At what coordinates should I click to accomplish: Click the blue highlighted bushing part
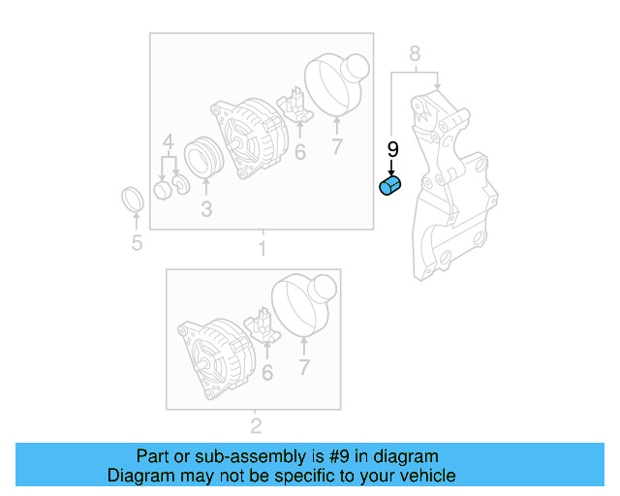390,186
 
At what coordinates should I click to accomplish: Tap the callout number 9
392,149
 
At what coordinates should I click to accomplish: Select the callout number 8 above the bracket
415,54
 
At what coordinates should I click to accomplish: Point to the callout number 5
137,242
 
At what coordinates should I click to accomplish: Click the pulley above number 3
205,159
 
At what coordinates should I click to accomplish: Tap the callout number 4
168,145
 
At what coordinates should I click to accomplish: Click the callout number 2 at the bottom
256,425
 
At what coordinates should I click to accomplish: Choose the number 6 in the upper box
299,152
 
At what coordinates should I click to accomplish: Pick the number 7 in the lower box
303,367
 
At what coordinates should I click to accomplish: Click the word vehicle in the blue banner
418,476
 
